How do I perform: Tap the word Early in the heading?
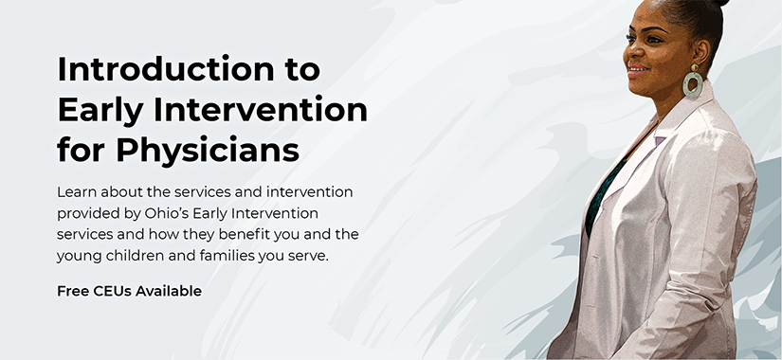(102, 110)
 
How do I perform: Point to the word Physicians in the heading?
(209, 150)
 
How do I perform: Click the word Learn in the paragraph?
(78, 191)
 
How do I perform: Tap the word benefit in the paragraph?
(249, 233)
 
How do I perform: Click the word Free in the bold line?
(73, 292)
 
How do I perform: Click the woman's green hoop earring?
(693, 82)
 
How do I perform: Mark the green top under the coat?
(601, 194)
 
